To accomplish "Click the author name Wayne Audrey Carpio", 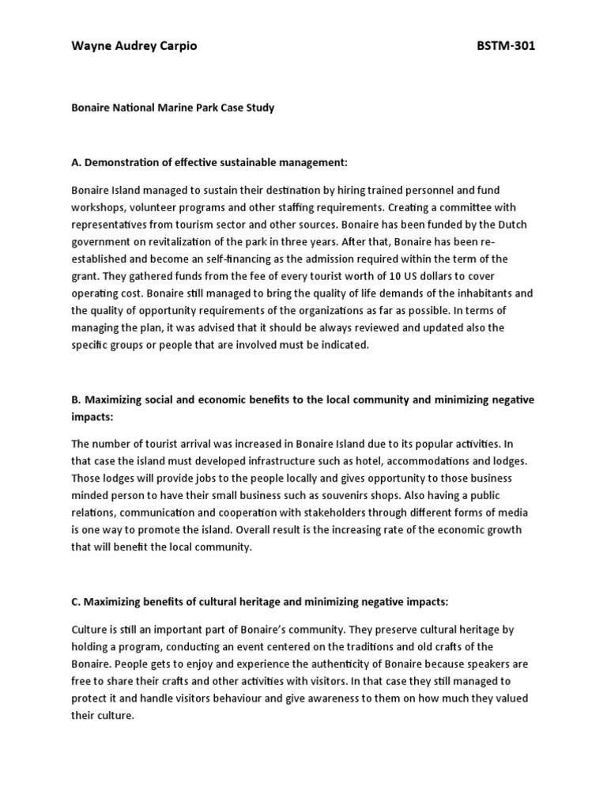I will pyautogui.click(x=134, y=46).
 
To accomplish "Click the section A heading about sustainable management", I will pyautogui.click(x=209, y=163).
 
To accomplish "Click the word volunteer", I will pyautogui.click(x=165, y=207).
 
